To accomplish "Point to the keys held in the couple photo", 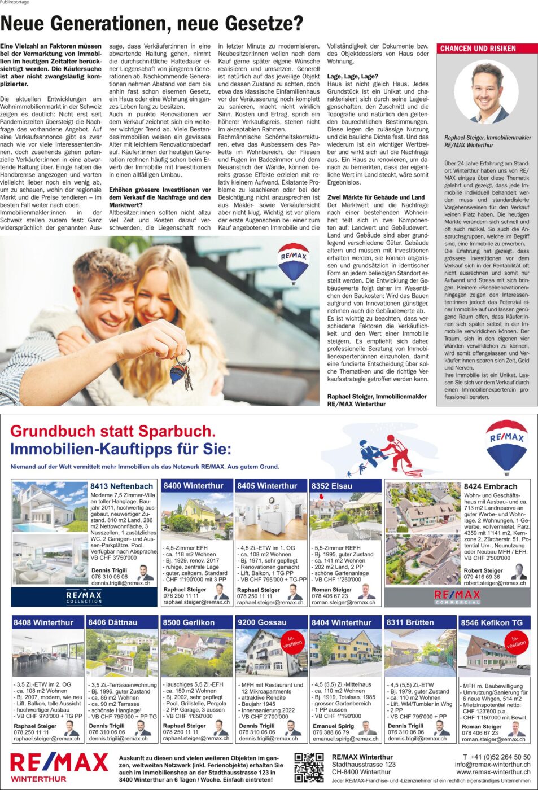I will (x=182, y=370).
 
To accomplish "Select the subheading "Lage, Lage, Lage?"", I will (x=352, y=76).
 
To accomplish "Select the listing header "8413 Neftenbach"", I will (x=121, y=486).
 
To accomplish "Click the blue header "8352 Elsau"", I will (x=332, y=486).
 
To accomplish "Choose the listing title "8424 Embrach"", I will (x=490, y=486).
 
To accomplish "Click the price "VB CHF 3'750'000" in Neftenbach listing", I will (x=113, y=558).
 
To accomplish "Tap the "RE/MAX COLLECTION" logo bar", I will (x=84, y=596).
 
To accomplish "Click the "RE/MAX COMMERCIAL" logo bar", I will (x=457, y=596).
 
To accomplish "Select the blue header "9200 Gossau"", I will (x=261, y=622).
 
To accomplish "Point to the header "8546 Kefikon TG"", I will (x=492, y=622).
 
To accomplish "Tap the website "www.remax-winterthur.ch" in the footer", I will (x=493, y=772).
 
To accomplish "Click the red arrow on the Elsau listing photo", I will (x=322, y=497).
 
